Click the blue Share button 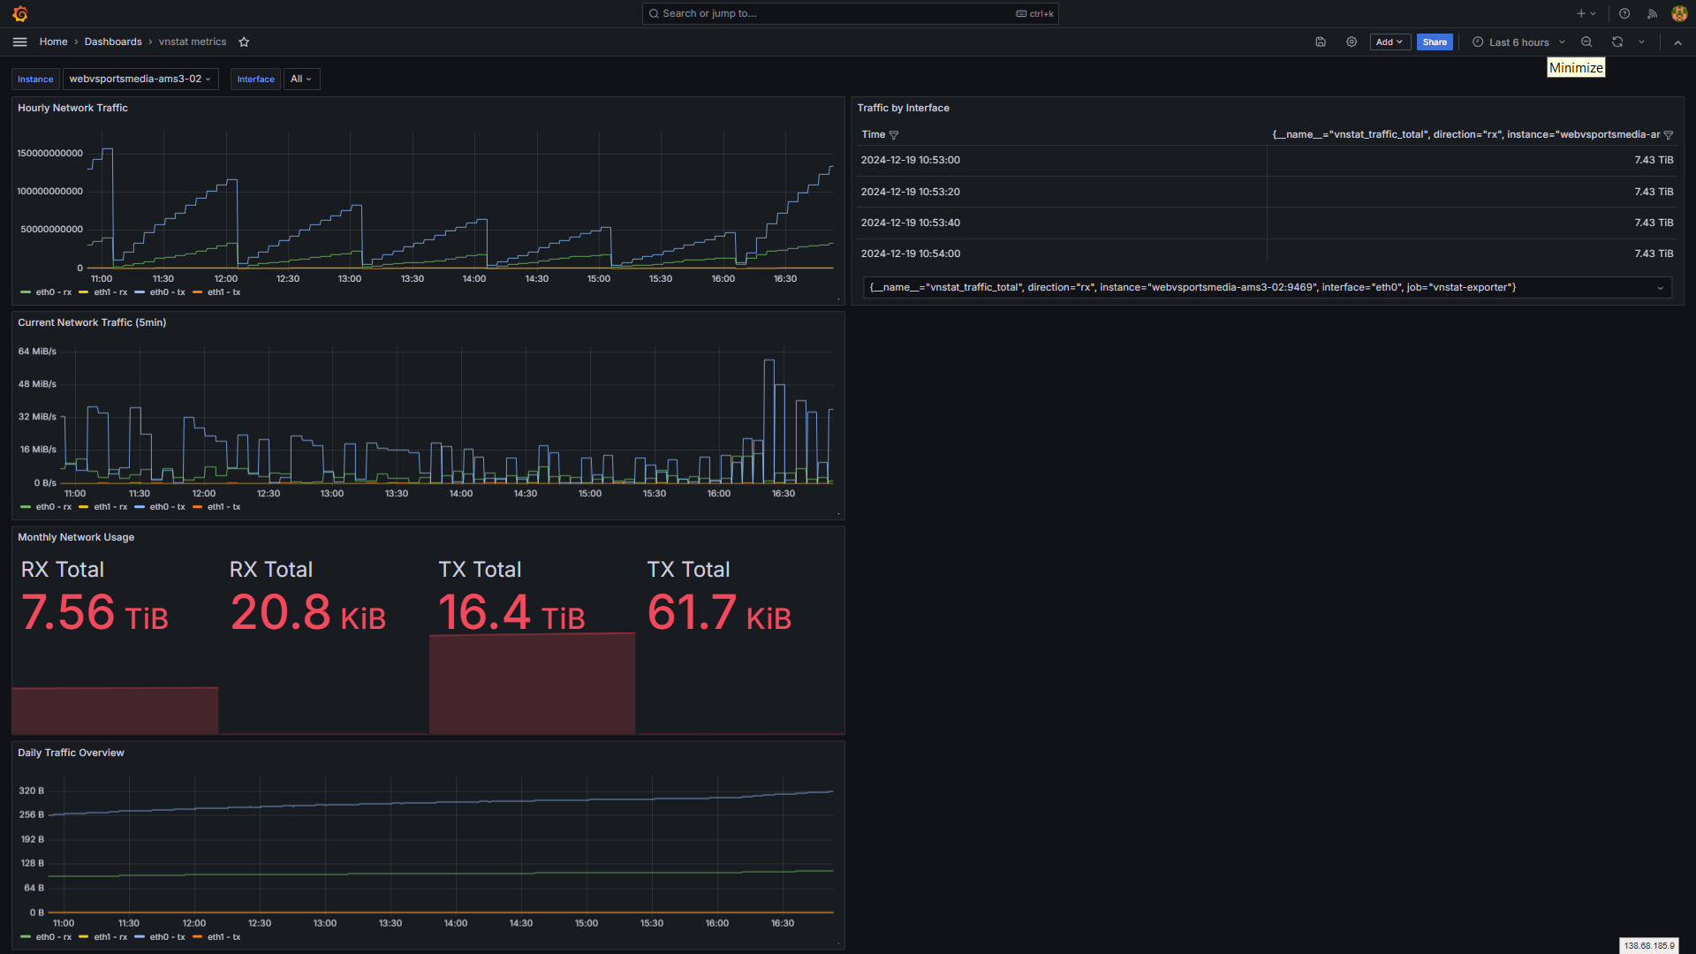click(x=1435, y=42)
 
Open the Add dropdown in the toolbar click(x=1389, y=42)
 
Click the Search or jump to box click(x=850, y=13)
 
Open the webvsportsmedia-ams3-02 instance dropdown click(x=140, y=79)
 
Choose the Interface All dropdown click(x=301, y=79)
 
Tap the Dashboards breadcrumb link click(x=113, y=42)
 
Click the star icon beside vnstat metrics click(x=244, y=42)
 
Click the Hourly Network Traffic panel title click(x=72, y=108)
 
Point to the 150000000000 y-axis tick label click(x=50, y=154)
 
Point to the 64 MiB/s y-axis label click(x=37, y=352)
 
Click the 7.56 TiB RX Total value click(x=95, y=613)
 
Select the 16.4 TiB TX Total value click(x=511, y=613)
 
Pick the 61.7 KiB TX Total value click(x=719, y=613)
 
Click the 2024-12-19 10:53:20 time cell click(x=911, y=192)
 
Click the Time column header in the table click(x=874, y=135)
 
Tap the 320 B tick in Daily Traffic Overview click(x=32, y=791)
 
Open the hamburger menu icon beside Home click(x=20, y=42)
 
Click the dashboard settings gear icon click(x=1351, y=42)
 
